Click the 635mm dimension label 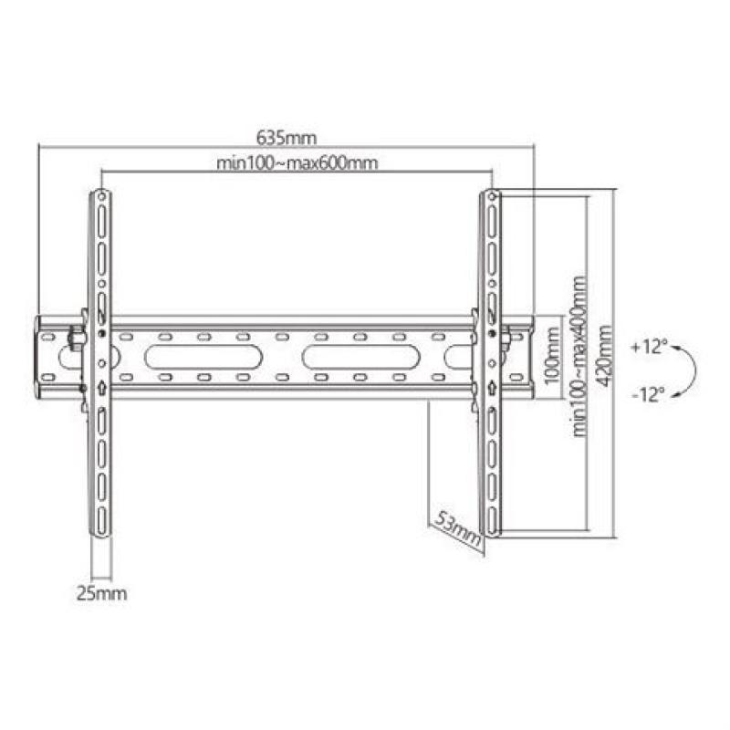(x=286, y=138)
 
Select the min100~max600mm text (x=297, y=163)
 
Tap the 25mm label (x=100, y=594)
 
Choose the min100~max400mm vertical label (x=578, y=361)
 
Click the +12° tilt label (x=649, y=347)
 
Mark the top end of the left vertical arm (x=101, y=194)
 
